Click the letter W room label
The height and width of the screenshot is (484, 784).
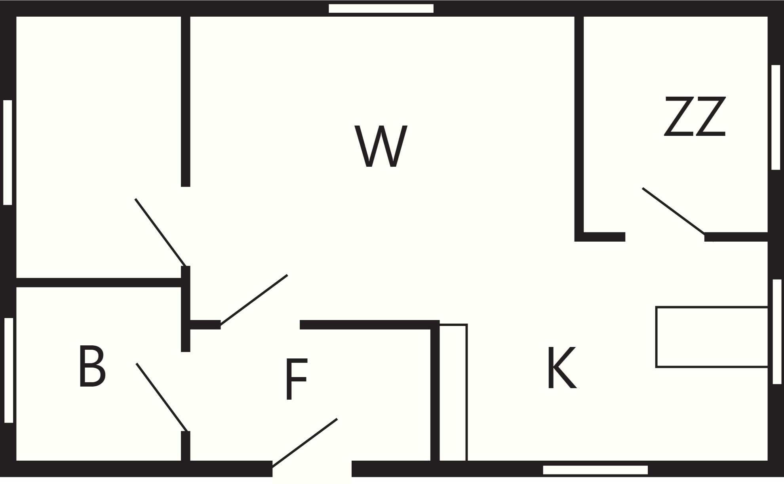[381, 146]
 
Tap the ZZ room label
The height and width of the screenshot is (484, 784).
[695, 117]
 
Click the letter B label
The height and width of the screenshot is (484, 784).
[92, 366]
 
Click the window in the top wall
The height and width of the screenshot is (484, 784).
[381, 8]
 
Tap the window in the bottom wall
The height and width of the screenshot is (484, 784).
[595, 470]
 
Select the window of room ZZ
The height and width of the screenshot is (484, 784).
[776, 117]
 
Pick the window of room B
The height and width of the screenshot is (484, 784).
[9, 370]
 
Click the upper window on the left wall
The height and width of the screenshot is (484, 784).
[8, 152]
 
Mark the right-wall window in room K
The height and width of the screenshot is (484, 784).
[777, 332]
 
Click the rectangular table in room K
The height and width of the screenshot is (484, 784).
[712, 337]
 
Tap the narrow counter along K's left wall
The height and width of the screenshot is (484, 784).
[453, 393]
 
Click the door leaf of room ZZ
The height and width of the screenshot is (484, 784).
[674, 211]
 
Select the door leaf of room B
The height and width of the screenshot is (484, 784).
[162, 397]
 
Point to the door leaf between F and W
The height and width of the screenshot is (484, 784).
[254, 300]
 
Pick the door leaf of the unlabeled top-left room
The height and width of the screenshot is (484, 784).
[160, 232]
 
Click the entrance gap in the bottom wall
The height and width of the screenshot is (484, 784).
[312, 469]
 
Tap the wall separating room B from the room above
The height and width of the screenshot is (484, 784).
[99, 282]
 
